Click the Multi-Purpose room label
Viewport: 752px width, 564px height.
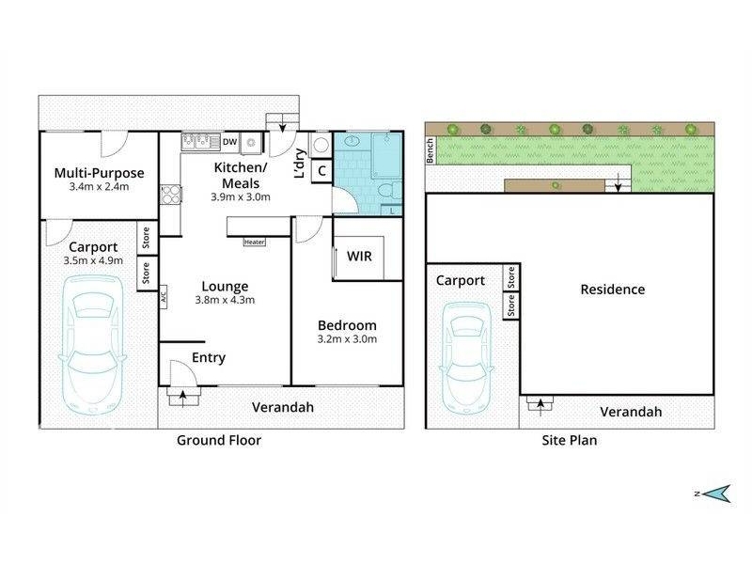99,173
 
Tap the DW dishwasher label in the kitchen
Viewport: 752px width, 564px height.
229,142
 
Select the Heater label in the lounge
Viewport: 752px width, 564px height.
254,243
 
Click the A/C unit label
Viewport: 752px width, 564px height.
163,297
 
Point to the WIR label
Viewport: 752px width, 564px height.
359,256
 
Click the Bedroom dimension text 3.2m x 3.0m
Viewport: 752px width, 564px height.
347,339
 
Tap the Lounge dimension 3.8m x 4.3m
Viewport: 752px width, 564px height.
225,300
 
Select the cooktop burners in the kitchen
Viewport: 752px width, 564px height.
170,195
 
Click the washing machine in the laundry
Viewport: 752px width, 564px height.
321,145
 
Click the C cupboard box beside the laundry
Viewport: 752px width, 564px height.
321,171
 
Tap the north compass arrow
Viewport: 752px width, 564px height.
718,493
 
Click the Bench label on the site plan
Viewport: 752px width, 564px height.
431,150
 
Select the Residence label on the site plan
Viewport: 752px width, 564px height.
613,290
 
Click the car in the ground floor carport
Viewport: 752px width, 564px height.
92,346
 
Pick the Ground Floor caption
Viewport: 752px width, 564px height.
219,440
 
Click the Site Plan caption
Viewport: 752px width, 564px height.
570,440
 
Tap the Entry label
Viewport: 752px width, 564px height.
209,358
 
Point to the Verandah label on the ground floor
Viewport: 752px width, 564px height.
283,407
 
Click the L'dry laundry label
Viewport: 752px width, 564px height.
299,163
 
